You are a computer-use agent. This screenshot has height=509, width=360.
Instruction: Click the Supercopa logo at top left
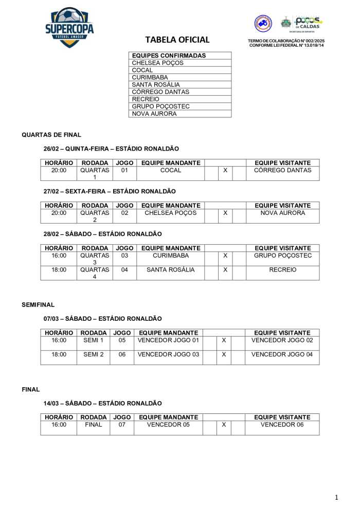tap(69, 27)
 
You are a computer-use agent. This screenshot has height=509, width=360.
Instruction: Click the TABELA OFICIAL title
tap(177, 40)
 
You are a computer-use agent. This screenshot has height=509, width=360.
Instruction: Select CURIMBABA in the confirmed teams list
tap(150, 77)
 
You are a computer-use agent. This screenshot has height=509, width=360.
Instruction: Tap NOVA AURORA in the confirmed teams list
tap(154, 114)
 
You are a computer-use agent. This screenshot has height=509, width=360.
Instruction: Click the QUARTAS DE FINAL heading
tap(51, 135)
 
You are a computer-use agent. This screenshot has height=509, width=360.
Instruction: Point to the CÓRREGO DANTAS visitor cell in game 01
tap(282, 170)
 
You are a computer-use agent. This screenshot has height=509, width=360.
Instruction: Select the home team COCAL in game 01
tap(171, 170)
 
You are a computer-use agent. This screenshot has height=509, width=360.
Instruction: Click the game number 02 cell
tap(124, 213)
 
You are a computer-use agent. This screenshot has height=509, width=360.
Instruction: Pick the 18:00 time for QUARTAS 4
tap(59, 269)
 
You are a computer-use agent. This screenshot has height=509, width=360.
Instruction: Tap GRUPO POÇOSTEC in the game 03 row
tap(282, 256)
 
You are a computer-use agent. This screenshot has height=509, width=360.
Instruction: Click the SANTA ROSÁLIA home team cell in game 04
tap(171, 269)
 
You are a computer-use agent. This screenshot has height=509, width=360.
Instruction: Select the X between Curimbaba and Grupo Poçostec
tap(225, 256)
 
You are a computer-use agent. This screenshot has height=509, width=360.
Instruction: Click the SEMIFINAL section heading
tap(38, 305)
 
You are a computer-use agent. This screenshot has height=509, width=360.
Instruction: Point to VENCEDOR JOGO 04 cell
tap(282, 354)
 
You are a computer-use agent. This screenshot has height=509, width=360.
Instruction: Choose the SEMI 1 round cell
tap(93, 340)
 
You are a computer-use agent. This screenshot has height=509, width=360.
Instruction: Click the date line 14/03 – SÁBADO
tap(102, 404)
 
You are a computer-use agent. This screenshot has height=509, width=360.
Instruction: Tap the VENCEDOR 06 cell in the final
tap(282, 425)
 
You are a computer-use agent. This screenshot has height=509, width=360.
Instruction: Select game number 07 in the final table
tap(122, 425)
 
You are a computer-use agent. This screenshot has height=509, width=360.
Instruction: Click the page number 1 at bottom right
tap(336, 497)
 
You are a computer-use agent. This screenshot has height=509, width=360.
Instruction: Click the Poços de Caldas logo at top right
tap(307, 23)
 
